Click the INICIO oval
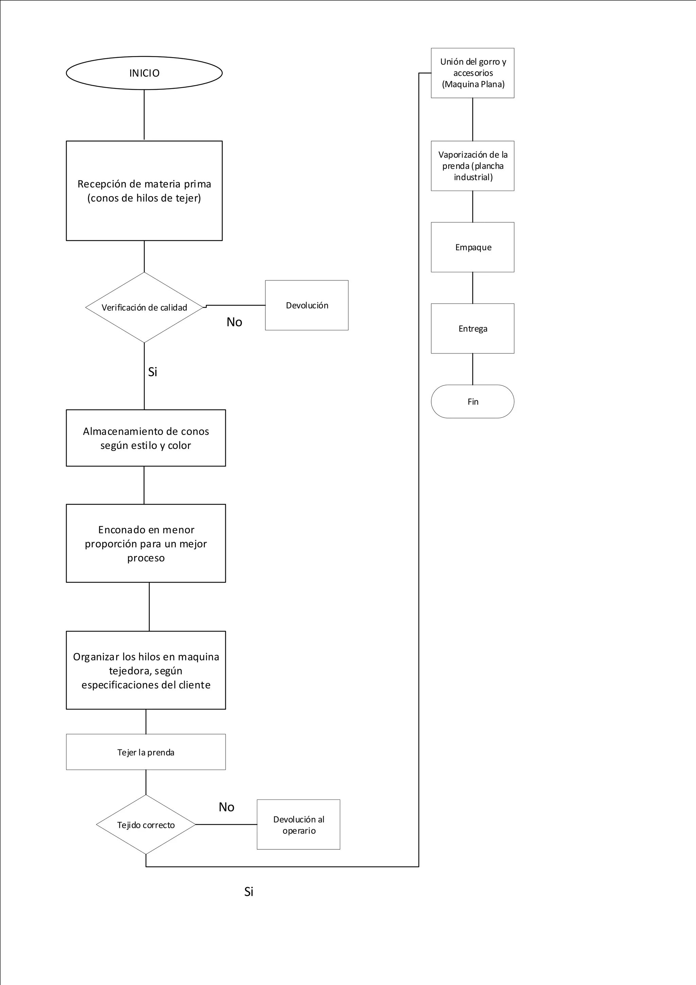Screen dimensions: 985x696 pyautogui.click(x=144, y=73)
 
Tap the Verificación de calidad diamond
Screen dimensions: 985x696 pyautogui.click(x=144, y=308)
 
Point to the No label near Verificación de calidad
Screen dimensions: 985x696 pyautogui.click(x=234, y=322)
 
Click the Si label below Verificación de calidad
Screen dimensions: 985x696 pyautogui.click(x=153, y=372)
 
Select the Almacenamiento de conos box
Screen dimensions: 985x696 pyautogui.click(x=146, y=438)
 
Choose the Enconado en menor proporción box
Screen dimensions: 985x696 pyautogui.click(x=146, y=543)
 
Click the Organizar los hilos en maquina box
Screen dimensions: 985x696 pyautogui.click(x=146, y=670)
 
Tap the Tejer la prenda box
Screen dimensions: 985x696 pyautogui.click(x=146, y=752)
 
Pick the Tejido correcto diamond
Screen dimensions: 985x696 pyautogui.click(x=146, y=825)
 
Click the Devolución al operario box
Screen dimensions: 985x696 pyautogui.click(x=298, y=825)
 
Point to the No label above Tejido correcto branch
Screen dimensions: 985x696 pyautogui.click(x=226, y=807)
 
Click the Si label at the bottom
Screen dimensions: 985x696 pyautogui.click(x=249, y=892)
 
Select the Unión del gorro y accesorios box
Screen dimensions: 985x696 pyautogui.click(x=473, y=73)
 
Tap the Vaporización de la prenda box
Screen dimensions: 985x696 pyautogui.click(x=473, y=166)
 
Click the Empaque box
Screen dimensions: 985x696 pyautogui.click(x=473, y=247)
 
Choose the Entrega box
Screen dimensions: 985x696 pyautogui.click(x=473, y=329)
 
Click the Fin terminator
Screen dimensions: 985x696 pyautogui.click(x=473, y=401)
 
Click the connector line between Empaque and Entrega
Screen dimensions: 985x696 pyautogui.click(x=473, y=288)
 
